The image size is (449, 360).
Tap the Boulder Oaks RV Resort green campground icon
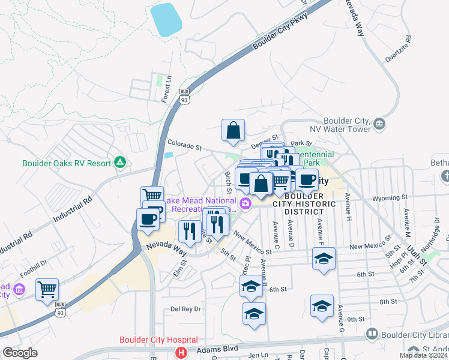[x=120, y=163]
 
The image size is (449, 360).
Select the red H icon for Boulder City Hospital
[x=178, y=352]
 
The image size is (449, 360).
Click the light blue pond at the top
[x=166, y=20]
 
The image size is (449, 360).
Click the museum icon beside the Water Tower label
[x=379, y=124]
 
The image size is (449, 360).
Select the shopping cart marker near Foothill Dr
[x=47, y=290]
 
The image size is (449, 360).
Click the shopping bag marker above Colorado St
[x=233, y=130]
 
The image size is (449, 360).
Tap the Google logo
[x=20, y=353]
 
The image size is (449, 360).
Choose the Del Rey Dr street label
[x=185, y=308]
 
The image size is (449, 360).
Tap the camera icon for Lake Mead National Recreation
[x=245, y=205]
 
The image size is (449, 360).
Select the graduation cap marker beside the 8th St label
[x=322, y=305]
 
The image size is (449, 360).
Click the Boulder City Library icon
[x=372, y=333]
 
